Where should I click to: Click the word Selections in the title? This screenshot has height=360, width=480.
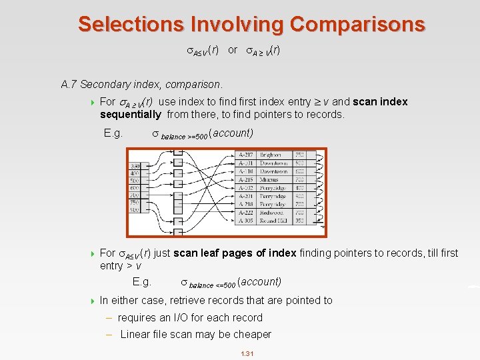pyautogui.click(x=131, y=24)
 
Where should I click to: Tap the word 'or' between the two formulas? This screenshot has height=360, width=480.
pyautogui.click(x=233, y=50)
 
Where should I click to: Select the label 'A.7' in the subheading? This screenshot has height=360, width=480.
pyautogui.click(x=69, y=85)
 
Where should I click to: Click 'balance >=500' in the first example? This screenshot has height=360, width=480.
pyautogui.click(x=183, y=135)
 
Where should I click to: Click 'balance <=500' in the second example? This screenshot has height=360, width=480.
pyautogui.click(x=212, y=284)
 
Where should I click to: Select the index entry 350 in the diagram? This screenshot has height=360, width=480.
pyautogui.click(x=135, y=165)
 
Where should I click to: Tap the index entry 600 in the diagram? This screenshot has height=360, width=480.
pyautogui.click(x=135, y=187)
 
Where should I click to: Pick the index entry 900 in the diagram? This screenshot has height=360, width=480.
pyautogui.click(x=135, y=210)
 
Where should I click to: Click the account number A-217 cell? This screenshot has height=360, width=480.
pyautogui.click(x=246, y=155)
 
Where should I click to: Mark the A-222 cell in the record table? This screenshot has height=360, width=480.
pyautogui.click(x=246, y=213)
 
